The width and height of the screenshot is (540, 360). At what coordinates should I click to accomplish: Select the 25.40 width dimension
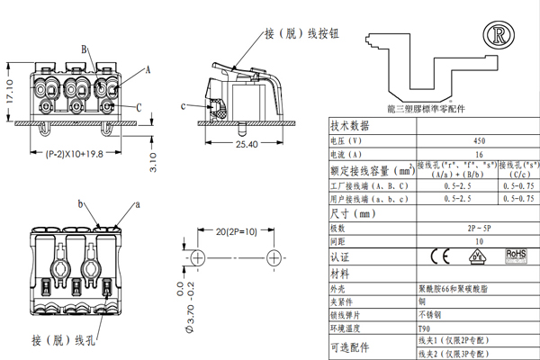coord(247,143)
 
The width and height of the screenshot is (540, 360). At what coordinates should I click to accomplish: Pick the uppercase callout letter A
coord(148,68)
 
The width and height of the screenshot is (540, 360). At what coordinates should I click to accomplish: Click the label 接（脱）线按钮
coord(301,33)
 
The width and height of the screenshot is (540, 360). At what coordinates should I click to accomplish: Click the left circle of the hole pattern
coord(197,257)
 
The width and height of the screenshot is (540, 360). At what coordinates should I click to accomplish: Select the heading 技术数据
coord(351,126)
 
